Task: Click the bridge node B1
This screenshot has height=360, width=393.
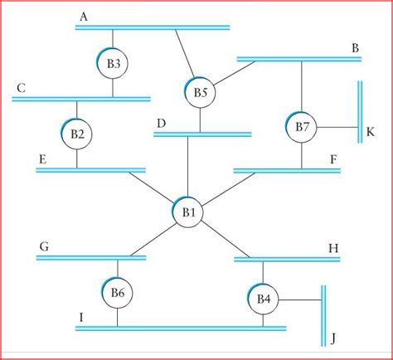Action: pyautogui.click(x=188, y=212)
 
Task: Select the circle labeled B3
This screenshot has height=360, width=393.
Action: pyautogui.click(x=114, y=63)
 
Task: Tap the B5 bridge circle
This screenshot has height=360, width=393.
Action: pyautogui.click(x=201, y=93)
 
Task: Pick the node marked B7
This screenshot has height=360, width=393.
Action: pyautogui.click(x=302, y=127)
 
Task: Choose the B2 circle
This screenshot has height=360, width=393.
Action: pyautogui.click(x=77, y=133)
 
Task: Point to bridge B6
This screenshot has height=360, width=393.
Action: pyautogui.click(x=117, y=292)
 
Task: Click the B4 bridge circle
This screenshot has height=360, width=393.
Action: pyautogui.click(x=263, y=298)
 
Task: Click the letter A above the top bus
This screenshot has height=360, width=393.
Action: pyautogui.click(x=84, y=16)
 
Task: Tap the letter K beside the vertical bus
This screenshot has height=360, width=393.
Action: pyautogui.click(x=371, y=130)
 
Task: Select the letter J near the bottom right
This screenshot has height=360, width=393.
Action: pyautogui.click(x=332, y=338)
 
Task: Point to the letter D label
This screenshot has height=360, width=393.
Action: pyautogui.click(x=161, y=123)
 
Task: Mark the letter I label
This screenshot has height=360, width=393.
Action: pyautogui.click(x=81, y=316)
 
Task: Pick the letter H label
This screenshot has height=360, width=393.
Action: pyautogui.click(x=334, y=247)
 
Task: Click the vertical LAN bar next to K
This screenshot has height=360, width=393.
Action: pyautogui.click(x=360, y=111)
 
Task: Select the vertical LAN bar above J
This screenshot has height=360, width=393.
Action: pyautogui.click(x=323, y=315)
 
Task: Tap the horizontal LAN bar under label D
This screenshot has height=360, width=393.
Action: pyautogui.click(x=203, y=134)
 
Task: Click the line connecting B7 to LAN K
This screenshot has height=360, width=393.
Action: pyautogui.click(x=337, y=128)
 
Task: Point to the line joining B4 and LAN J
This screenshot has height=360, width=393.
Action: pyautogui.click(x=299, y=299)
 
